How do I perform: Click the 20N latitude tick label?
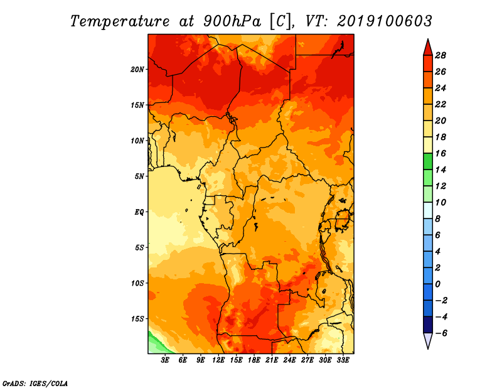[137, 70]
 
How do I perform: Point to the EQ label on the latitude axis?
[139, 212]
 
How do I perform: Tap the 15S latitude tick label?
[137, 319]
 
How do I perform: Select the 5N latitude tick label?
[139, 176]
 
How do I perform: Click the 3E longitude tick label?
[165, 360]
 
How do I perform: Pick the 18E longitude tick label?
[254, 360]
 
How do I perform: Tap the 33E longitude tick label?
[343, 360]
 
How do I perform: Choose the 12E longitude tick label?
[218, 360]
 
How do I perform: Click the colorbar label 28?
[441, 55]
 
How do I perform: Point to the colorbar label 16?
[441, 153]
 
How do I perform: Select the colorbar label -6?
[441, 333]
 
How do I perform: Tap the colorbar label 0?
[437, 284]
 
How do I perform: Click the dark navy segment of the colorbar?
[428, 325]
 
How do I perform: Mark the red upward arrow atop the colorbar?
[428, 48]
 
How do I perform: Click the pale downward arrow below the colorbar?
[428, 340]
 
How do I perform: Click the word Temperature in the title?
[120, 21]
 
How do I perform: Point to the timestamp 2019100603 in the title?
[384, 21]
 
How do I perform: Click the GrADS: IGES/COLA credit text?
[35, 384]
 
